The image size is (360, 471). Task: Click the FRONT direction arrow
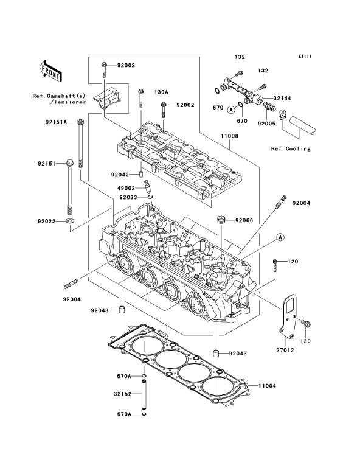(x=50, y=71)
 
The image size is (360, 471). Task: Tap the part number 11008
(x=230, y=136)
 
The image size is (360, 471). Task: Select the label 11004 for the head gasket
(x=267, y=386)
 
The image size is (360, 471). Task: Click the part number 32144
(x=282, y=98)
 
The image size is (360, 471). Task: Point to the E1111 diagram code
(x=305, y=56)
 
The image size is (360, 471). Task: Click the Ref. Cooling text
(x=291, y=148)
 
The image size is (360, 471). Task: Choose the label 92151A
(x=57, y=122)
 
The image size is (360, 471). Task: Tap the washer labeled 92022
(x=70, y=222)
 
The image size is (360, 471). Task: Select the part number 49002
(x=126, y=189)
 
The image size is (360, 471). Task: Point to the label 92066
(x=244, y=220)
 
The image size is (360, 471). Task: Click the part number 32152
(x=122, y=394)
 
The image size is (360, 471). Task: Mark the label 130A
(x=161, y=92)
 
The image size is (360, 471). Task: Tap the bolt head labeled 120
(x=275, y=262)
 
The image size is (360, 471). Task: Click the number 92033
(x=128, y=197)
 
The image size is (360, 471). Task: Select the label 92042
(x=120, y=175)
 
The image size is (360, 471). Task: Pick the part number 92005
(x=266, y=124)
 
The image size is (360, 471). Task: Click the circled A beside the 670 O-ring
(x=231, y=110)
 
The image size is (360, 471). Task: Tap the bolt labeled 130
(x=306, y=324)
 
